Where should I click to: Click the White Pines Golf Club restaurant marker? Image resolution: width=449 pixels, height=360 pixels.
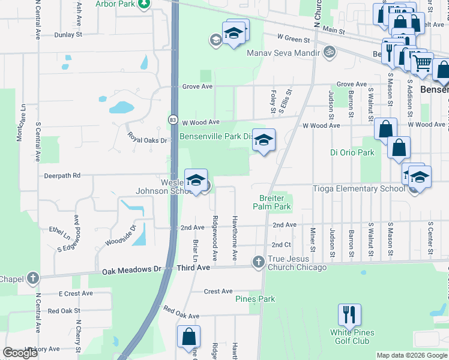348,315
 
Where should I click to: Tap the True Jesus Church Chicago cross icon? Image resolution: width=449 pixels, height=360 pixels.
258,262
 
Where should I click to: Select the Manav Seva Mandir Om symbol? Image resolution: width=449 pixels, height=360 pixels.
328,52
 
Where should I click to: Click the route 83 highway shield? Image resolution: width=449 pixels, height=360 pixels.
173,119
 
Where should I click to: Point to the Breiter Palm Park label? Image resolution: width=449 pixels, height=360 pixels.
275,202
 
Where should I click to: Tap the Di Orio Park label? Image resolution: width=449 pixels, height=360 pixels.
352,152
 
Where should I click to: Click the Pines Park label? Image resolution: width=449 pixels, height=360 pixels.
255,299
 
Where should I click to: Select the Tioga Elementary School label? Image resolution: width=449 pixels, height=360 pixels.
359,188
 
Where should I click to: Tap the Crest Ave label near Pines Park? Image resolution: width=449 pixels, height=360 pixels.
218,292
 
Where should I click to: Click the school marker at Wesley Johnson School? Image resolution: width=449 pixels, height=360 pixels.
196,181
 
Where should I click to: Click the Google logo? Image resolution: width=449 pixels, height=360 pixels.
20,353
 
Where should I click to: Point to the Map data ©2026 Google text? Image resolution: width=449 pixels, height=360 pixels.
411,355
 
